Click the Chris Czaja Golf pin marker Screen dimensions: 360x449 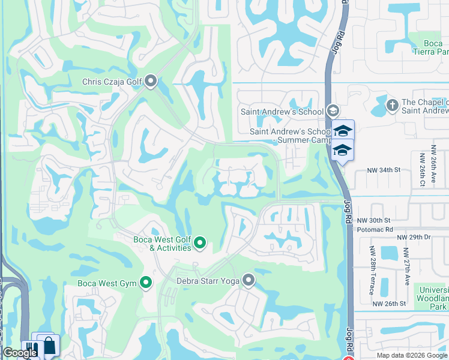(x=151, y=80)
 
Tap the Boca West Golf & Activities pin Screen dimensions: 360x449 (x=200, y=243)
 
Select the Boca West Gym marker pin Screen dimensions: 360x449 (x=146, y=283)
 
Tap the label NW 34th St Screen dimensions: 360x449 (x=384, y=170)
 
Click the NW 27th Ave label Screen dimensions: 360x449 (x=406, y=266)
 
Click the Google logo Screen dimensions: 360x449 (x=19, y=353)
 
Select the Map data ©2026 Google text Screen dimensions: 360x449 (x=411, y=355)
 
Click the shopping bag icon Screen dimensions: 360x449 (x=49, y=346)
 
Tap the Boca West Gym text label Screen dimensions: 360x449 (x=106, y=283)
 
